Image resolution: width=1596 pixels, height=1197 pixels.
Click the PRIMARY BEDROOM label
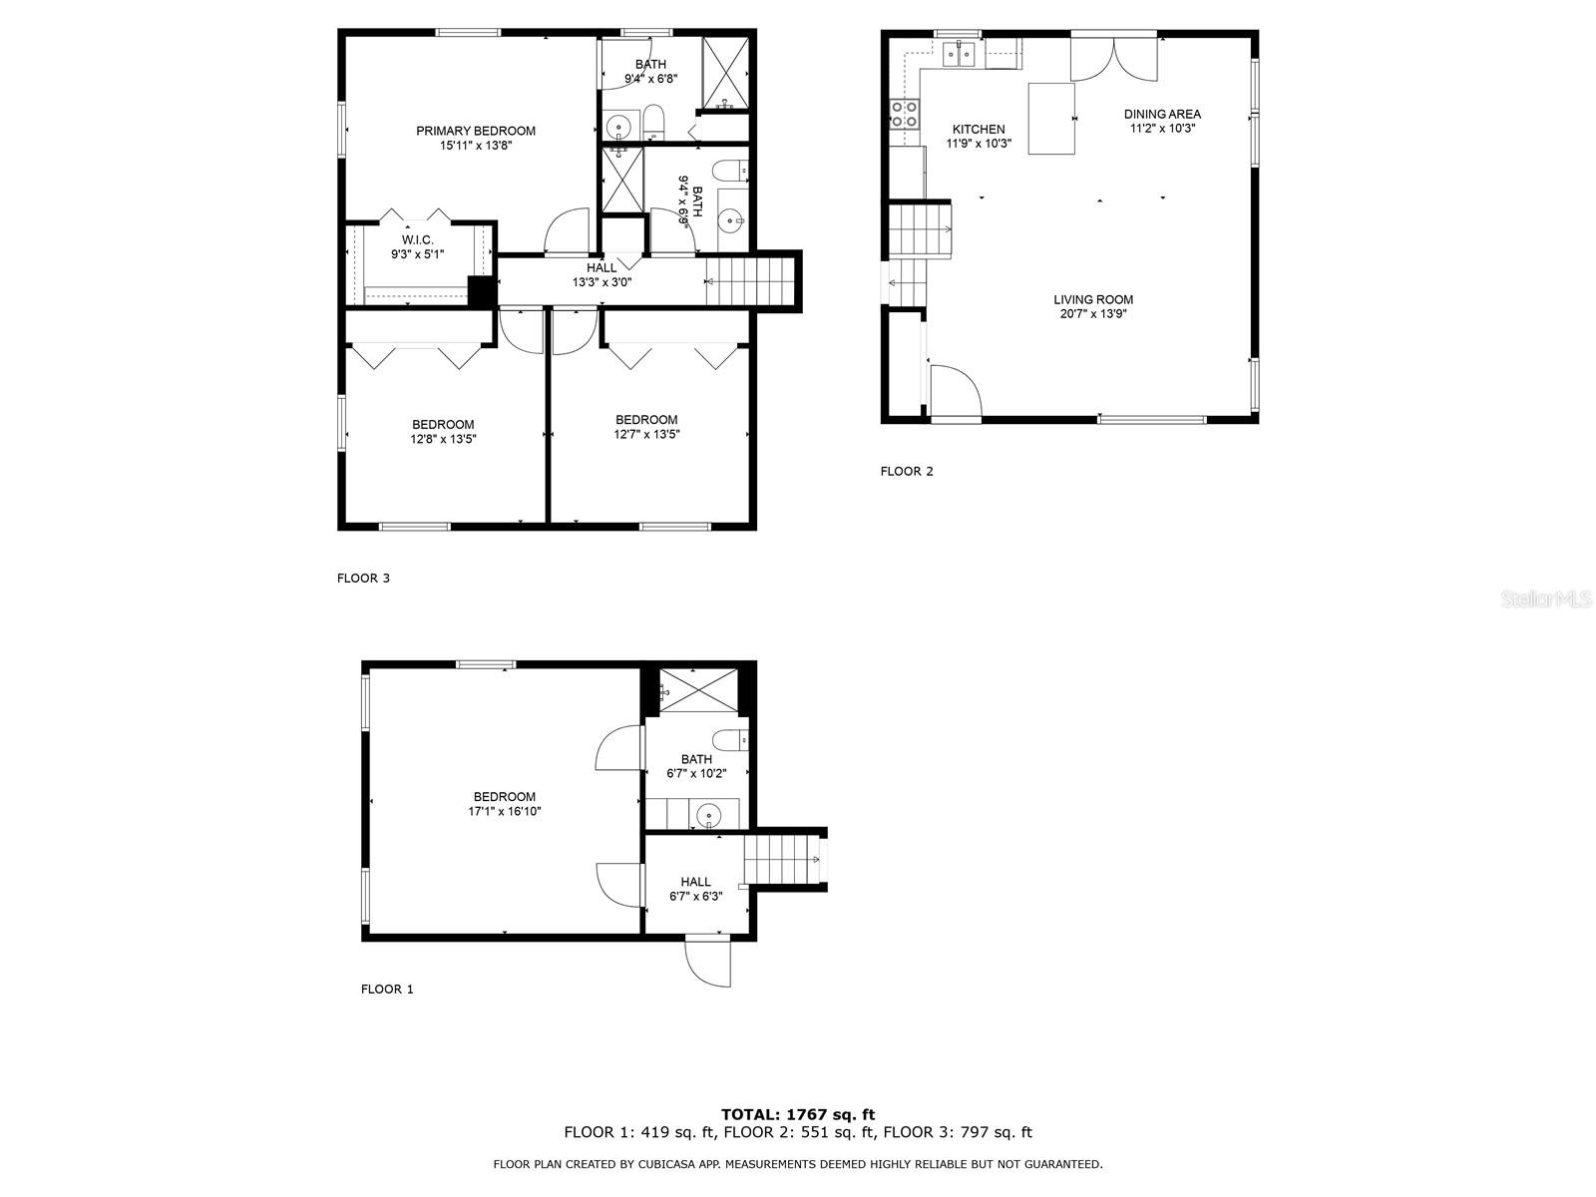(x=475, y=131)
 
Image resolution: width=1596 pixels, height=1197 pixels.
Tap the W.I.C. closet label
(x=417, y=240)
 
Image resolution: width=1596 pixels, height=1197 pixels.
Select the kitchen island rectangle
(x=1051, y=119)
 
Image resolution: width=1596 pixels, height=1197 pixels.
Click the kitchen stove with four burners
(x=904, y=114)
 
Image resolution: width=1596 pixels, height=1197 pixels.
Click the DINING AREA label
(x=1162, y=114)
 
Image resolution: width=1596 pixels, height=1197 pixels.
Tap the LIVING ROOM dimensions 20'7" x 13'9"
(x=1093, y=314)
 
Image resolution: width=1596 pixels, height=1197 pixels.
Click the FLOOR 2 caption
(x=907, y=471)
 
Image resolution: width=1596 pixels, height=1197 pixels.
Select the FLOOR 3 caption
(x=363, y=578)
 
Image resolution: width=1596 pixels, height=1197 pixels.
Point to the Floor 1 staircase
(x=779, y=860)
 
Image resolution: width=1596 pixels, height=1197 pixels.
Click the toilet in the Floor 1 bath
(x=736, y=740)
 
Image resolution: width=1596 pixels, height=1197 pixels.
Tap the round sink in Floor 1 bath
(x=708, y=814)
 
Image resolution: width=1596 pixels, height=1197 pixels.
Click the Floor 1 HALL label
(x=695, y=882)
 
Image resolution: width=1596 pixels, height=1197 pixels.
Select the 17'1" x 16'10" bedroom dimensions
(x=505, y=811)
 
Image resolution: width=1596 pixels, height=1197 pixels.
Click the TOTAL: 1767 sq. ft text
(x=798, y=1114)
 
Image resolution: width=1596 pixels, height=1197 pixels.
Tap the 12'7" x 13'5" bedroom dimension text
(x=646, y=434)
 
